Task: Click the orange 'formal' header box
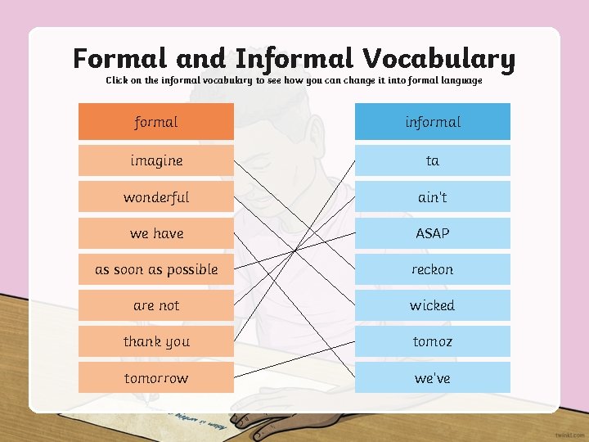[155, 122]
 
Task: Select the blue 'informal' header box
[432, 122]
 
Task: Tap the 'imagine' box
[155, 160]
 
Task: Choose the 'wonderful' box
[155, 197]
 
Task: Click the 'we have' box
[155, 233]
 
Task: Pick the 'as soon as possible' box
[155, 269]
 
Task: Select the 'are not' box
[155, 305]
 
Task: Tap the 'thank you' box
[155, 341]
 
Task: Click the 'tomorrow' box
[155, 378]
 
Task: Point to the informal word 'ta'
[432, 160]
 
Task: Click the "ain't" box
[432, 197]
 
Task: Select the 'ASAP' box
[432, 233]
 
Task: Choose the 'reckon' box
[432, 269]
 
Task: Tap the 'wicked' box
[432, 305]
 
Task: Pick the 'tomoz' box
[432, 341]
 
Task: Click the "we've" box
[432, 378]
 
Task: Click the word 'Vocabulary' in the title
[439, 59]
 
